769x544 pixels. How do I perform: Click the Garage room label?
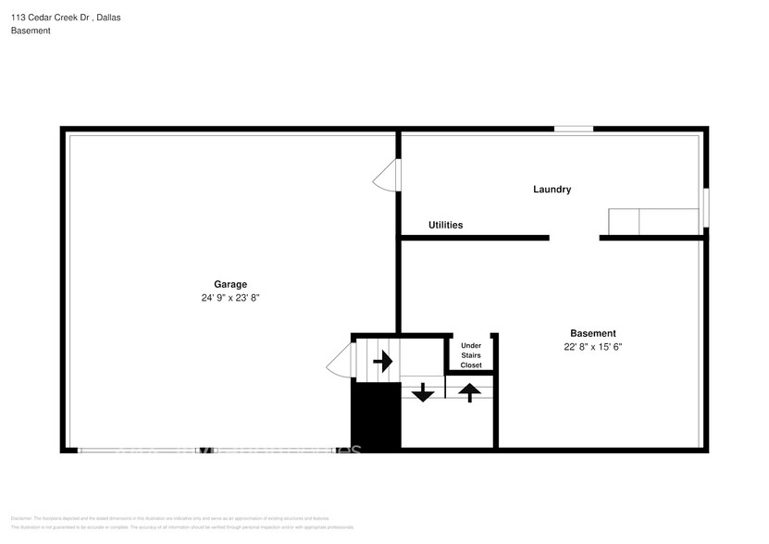(x=230, y=284)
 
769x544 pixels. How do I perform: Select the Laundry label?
(x=552, y=190)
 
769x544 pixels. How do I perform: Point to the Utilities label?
(x=445, y=225)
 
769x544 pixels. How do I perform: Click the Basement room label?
(x=592, y=333)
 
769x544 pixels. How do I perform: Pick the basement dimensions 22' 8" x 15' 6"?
(x=592, y=347)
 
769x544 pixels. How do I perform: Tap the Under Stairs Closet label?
(x=471, y=355)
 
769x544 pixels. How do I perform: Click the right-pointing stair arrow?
(x=382, y=362)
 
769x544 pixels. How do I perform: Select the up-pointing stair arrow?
(x=470, y=392)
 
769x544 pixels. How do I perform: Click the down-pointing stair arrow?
(x=423, y=392)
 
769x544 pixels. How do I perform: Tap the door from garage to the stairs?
(x=340, y=360)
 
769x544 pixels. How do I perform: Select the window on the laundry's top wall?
(x=574, y=130)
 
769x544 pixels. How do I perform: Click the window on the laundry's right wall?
(x=705, y=207)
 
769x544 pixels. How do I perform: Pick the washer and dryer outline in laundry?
(x=652, y=222)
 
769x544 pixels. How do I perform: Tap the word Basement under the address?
(x=31, y=31)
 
